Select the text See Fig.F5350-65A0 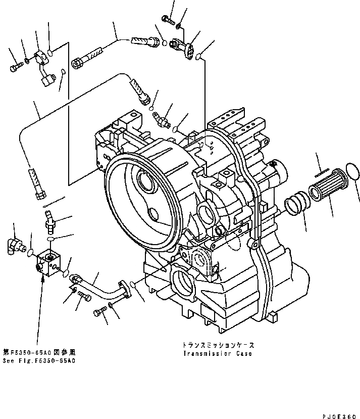(39, 361)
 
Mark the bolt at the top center (168, 19)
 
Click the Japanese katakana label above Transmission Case (219, 345)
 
